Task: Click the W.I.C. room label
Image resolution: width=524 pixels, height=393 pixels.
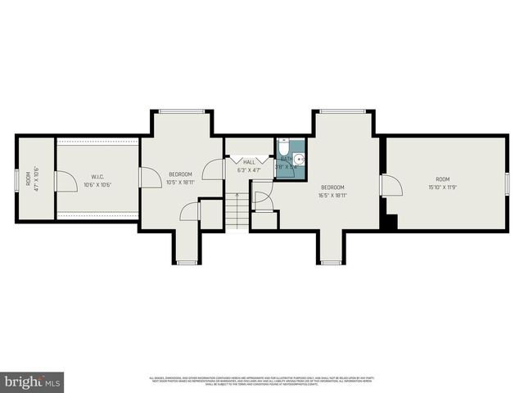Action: coord(97,176)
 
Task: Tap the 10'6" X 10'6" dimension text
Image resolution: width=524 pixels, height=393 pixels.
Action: coord(97,185)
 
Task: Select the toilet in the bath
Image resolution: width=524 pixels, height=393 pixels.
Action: coord(282,151)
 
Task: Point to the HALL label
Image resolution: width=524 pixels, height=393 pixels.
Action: coord(248,162)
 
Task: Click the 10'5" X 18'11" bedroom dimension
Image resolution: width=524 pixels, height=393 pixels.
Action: coord(180,183)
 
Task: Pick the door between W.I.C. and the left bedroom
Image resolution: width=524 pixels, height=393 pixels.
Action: coord(144,178)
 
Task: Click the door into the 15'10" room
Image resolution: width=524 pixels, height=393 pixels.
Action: coord(390,185)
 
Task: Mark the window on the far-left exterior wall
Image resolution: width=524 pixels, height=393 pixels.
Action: coord(16,178)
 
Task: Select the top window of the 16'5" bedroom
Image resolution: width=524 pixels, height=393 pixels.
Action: coord(334,111)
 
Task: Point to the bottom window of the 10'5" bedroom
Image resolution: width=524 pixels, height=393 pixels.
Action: coord(187,263)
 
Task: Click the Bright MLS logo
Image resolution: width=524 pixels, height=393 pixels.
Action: coord(33,381)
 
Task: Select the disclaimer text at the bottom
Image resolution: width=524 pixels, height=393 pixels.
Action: coord(261,382)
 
